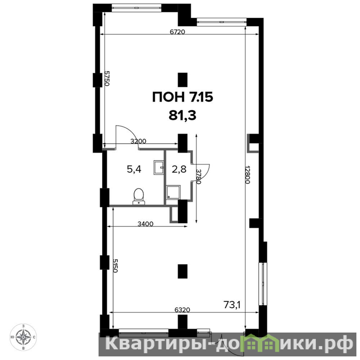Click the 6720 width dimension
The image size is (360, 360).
click(x=177, y=32)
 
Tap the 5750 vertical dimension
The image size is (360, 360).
click(x=107, y=78)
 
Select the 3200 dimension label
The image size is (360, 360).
click(x=138, y=141)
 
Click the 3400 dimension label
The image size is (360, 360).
click(x=145, y=224)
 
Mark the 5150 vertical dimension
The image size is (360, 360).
click(x=115, y=265)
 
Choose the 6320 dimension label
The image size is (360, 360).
click(x=182, y=310)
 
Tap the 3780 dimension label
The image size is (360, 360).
click(x=198, y=176)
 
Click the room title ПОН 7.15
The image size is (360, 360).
click(x=183, y=97)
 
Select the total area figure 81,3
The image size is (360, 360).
click(x=183, y=116)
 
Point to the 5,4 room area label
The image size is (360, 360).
click(x=134, y=170)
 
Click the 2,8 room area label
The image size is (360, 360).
click(x=179, y=170)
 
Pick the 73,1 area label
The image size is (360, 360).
click(x=232, y=305)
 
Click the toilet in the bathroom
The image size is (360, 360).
click(x=139, y=196)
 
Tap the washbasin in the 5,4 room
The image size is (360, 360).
click(x=159, y=167)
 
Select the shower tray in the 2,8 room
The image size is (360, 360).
click(x=173, y=192)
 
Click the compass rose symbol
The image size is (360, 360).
click(x=23, y=337)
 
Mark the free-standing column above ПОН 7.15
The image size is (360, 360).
click(x=183, y=80)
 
